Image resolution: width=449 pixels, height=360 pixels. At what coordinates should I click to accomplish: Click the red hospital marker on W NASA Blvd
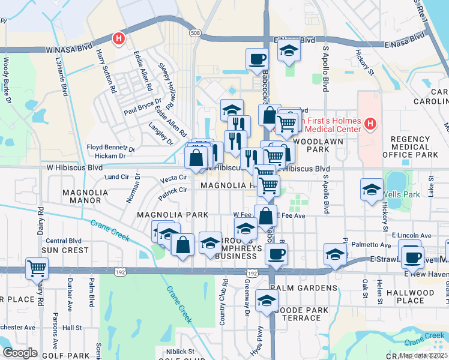click(x=119, y=39)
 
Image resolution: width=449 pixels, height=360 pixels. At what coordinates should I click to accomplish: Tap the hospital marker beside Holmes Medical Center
click(x=370, y=125)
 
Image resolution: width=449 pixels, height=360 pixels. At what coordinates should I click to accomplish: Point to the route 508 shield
click(x=194, y=32)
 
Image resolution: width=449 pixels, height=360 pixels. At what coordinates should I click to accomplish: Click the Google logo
click(x=19, y=352)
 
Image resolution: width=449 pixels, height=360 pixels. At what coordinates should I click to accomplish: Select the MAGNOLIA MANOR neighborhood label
click(x=85, y=197)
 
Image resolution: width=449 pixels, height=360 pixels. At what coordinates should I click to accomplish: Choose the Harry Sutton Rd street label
click(x=106, y=71)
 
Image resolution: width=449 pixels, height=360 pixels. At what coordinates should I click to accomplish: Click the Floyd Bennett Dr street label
click(x=111, y=147)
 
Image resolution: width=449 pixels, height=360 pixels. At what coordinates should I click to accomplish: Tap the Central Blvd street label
click(x=63, y=241)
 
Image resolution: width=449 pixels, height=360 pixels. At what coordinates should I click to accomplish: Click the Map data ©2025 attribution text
click(x=423, y=355)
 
